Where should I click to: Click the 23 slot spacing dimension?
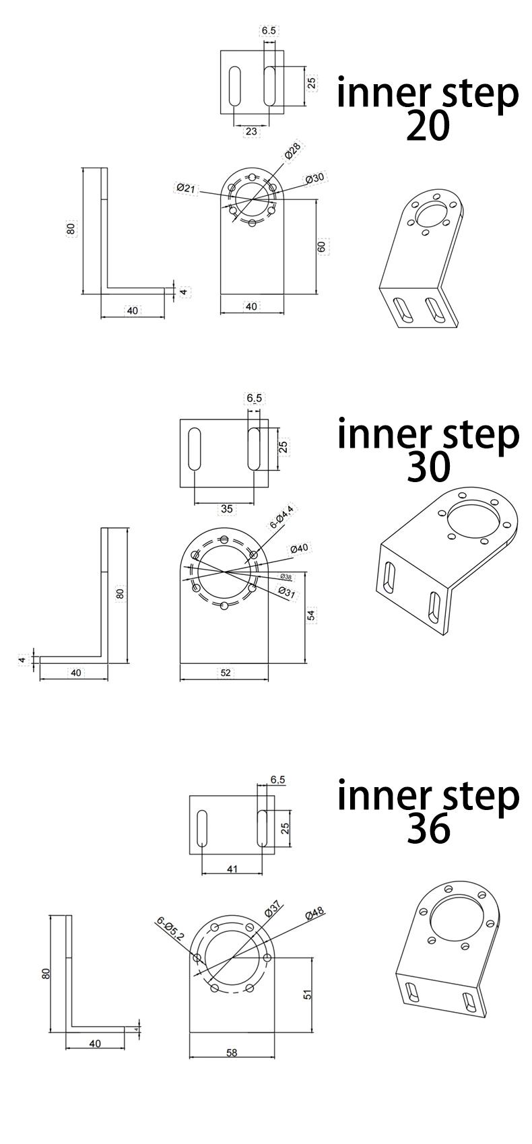[x=251, y=132]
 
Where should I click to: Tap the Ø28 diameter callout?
[x=293, y=152]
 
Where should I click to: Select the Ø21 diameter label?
[x=186, y=189]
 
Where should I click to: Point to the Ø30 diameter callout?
[x=315, y=178]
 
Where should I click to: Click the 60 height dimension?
[x=321, y=246]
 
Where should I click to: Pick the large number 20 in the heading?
[x=428, y=127]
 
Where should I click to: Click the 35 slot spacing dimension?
[x=227, y=509]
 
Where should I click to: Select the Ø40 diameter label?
[x=299, y=548]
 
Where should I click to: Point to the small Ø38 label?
[x=286, y=577]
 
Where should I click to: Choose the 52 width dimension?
[x=226, y=673]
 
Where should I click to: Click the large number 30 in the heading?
[x=428, y=467]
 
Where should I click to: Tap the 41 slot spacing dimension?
[x=232, y=869]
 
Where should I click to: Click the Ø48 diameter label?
[x=314, y=913]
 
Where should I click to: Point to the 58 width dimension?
[x=232, y=1053]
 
